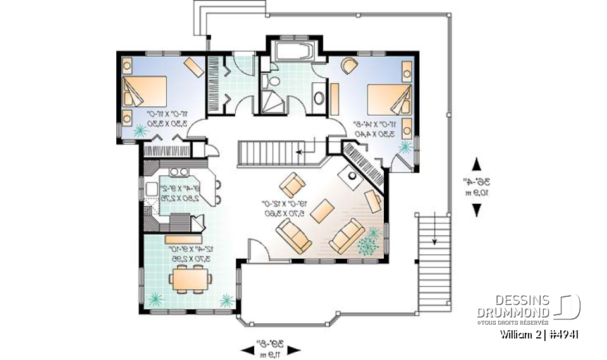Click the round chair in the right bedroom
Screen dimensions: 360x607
click(348, 65)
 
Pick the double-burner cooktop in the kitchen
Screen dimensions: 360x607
click(178, 171)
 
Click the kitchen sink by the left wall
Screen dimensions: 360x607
click(152, 189)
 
